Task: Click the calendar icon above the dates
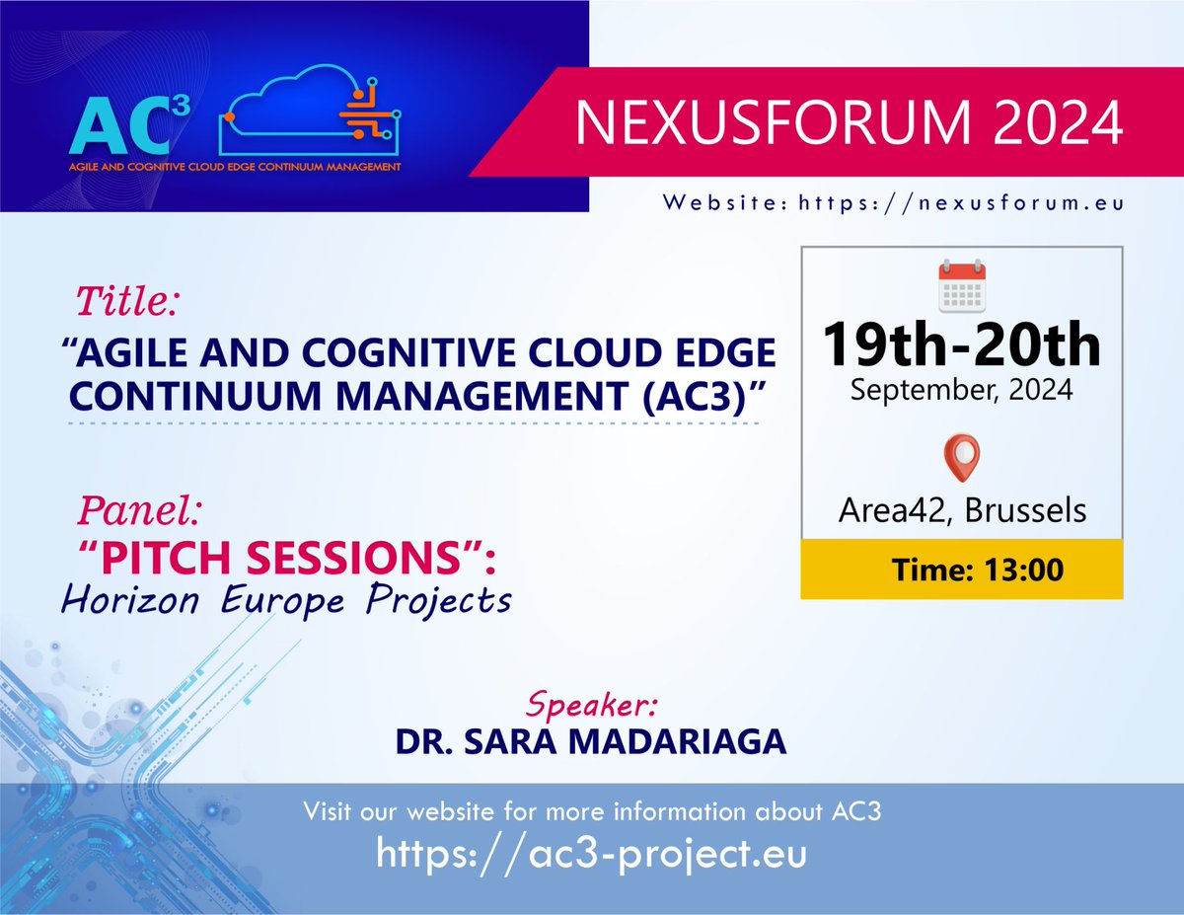962,285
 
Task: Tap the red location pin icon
962,458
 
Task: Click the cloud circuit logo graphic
310,110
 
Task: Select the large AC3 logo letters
129,125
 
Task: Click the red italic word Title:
127,301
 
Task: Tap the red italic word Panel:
139,510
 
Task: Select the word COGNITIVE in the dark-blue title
408,352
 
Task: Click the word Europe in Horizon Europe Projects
283,601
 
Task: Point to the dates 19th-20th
962,344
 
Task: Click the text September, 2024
962,390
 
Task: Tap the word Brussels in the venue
1025,510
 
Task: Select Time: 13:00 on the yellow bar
978,571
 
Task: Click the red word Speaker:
592,704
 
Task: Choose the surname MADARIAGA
677,741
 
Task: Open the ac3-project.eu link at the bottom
591,854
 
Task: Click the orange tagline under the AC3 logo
235,167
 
